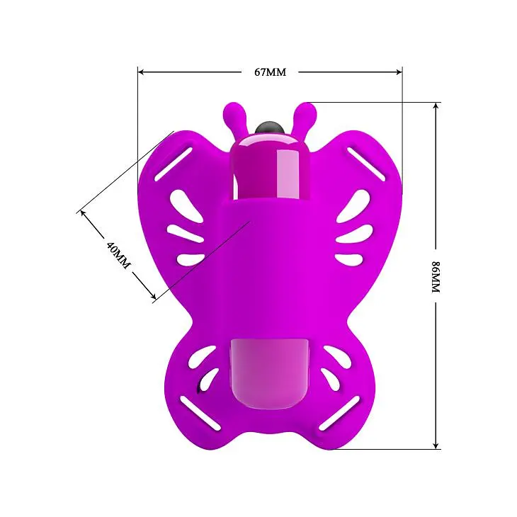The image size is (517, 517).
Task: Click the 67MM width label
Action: (x=270, y=72)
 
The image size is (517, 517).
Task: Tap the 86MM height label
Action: (x=436, y=276)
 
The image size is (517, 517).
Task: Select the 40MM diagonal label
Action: (x=118, y=255)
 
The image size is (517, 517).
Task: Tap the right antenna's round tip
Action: (x=306, y=110)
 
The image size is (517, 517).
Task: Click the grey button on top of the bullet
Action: (x=268, y=127)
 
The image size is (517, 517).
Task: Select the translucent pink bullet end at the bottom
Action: (x=268, y=369)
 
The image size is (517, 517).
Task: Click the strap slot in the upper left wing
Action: (x=173, y=164)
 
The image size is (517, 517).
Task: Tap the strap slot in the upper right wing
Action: (x=366, y=164)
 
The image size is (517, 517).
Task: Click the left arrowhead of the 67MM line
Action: (x=141, y=72)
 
